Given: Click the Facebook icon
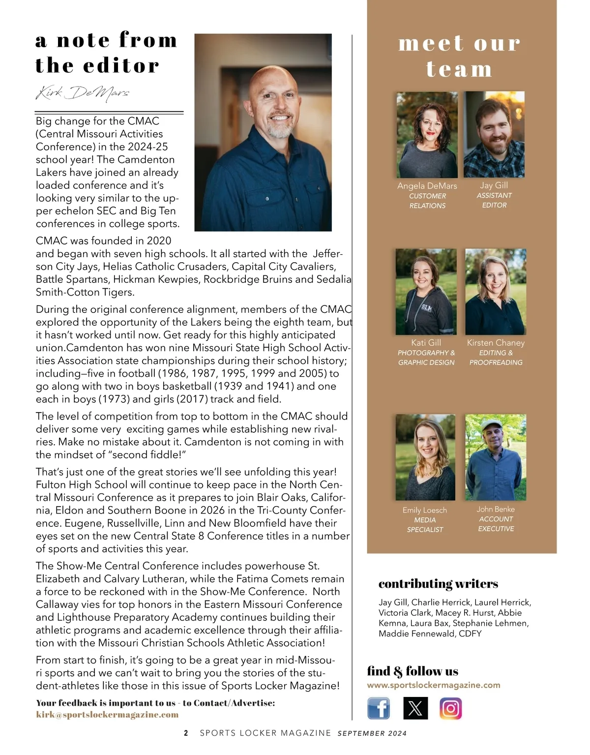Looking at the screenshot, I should coord(379,708).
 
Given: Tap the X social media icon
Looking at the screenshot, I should coord(415,708).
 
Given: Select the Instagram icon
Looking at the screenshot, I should coord(450,708).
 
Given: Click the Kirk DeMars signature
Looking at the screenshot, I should coord(83,93).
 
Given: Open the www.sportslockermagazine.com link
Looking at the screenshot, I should coord(434,685).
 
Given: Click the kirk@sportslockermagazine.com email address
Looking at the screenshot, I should coord(107,715).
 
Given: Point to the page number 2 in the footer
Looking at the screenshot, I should coord(186,733).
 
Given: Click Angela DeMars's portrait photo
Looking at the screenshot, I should coord(427,134).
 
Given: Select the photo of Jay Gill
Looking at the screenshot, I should coord(495,134).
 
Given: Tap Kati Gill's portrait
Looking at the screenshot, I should coord(426,292).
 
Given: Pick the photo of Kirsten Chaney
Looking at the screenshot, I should coord(496,292).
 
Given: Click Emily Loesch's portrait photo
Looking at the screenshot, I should coord(425,457).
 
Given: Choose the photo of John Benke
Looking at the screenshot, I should coord(496,457).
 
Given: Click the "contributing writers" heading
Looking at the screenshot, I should coord(438,584).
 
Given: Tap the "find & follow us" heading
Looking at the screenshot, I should coord(413,671).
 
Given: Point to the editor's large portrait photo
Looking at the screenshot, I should coord(263,132).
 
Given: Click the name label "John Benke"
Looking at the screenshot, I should coord(496,509).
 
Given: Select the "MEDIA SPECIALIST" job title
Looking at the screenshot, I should coord(425,525).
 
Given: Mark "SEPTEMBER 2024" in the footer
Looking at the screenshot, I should coord(372,733).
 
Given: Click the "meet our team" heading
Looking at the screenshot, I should coord(459,56).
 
